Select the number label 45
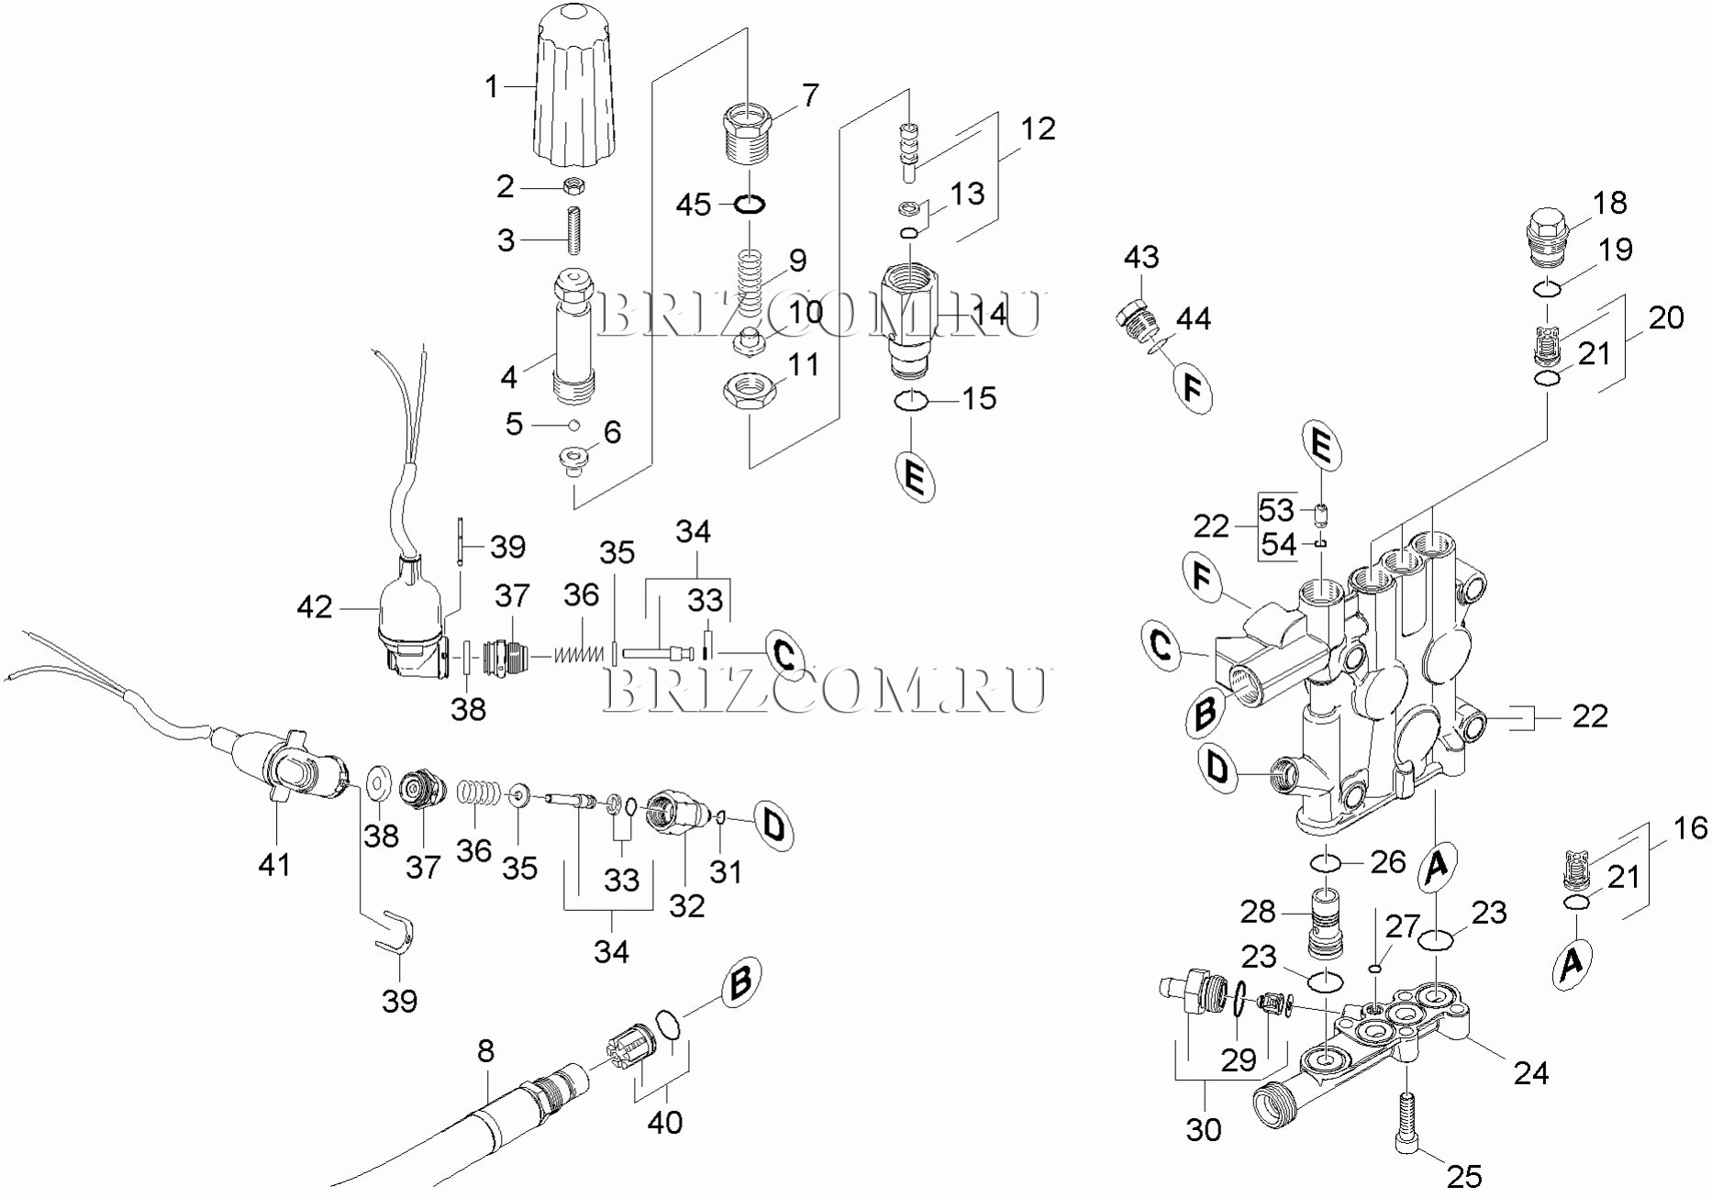point(694,204)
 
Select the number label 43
point(1141,257)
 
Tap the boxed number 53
point(1276,510)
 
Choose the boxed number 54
point(1278,544)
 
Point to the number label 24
point(1531,1071)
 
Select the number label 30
point(1203,1130)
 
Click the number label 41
point(274,863)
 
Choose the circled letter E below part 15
point(915,477)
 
